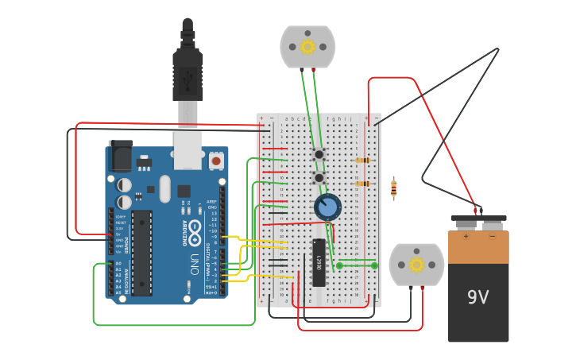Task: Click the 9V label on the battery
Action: [x=477, y=297]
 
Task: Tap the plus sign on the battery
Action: [x=466, y=236]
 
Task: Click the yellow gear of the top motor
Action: [x=307, y=47]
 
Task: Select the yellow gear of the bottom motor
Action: [x=416, y=265]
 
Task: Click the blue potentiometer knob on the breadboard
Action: [x=327, y=207]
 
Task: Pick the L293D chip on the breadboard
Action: [x=319, y=262]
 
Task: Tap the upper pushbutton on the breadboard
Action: [x=319, y=154]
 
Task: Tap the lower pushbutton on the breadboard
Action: [x=319, y=178]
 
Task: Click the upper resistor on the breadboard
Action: [x=362, y=161]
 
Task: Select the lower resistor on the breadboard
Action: [x=362, y=184]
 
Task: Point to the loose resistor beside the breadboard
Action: [x=393, y=188]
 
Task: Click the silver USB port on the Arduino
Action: [x=187, y=150]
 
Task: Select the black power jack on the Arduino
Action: [x=121, y=156]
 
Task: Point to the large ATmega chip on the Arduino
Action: [x=141, y=253]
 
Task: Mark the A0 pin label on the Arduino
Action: [x=118, y=263]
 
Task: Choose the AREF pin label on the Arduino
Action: [x=211, y=202]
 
